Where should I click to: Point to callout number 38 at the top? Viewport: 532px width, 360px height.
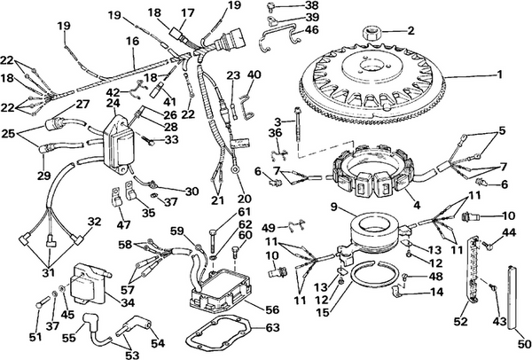(x=312, y=4)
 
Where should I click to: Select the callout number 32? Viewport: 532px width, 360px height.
(x=94, y=221)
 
